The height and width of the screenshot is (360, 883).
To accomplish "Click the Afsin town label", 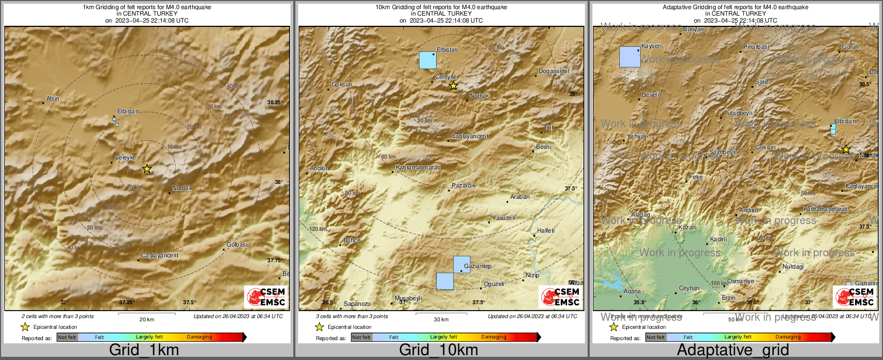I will (x=53, y=98).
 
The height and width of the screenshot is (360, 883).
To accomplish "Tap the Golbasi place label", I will (x=237, y=244).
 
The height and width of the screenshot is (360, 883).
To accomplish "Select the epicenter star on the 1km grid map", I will (x=147, y=169).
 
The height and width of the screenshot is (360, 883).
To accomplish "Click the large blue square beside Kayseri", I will (x=629, y=56).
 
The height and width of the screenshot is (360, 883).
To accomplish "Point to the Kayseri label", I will (x=651, y=46).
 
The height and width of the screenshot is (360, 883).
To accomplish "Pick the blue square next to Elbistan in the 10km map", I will (x=428, y=60).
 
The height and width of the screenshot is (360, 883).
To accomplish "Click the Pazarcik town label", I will (x=463, y=185).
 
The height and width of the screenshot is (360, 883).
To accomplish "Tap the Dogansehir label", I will (x=554, y=71).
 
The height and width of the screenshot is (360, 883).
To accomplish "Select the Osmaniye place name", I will (x=741, y=281).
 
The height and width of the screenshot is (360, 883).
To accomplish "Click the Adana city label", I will (x=632, y=291).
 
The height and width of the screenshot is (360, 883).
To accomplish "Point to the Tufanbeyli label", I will (x=738, y=113).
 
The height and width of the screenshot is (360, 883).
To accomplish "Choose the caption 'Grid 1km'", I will (x=144, y=350).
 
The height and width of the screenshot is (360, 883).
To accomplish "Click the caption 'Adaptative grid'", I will (x=733, y=350).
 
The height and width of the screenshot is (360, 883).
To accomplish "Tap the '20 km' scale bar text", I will (x=147, y=319).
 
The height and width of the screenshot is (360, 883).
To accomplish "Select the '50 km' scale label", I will (x=735, y=319).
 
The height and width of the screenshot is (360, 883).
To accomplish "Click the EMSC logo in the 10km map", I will (x=560, y=296).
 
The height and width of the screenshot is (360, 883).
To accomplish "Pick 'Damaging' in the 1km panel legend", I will (x=199, y=337).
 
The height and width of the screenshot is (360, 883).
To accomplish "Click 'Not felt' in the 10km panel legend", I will (x=361, y=337).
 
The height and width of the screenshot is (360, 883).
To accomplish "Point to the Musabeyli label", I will (x=408, y=298).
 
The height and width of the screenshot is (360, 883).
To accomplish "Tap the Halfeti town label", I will (x=545, y=231).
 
